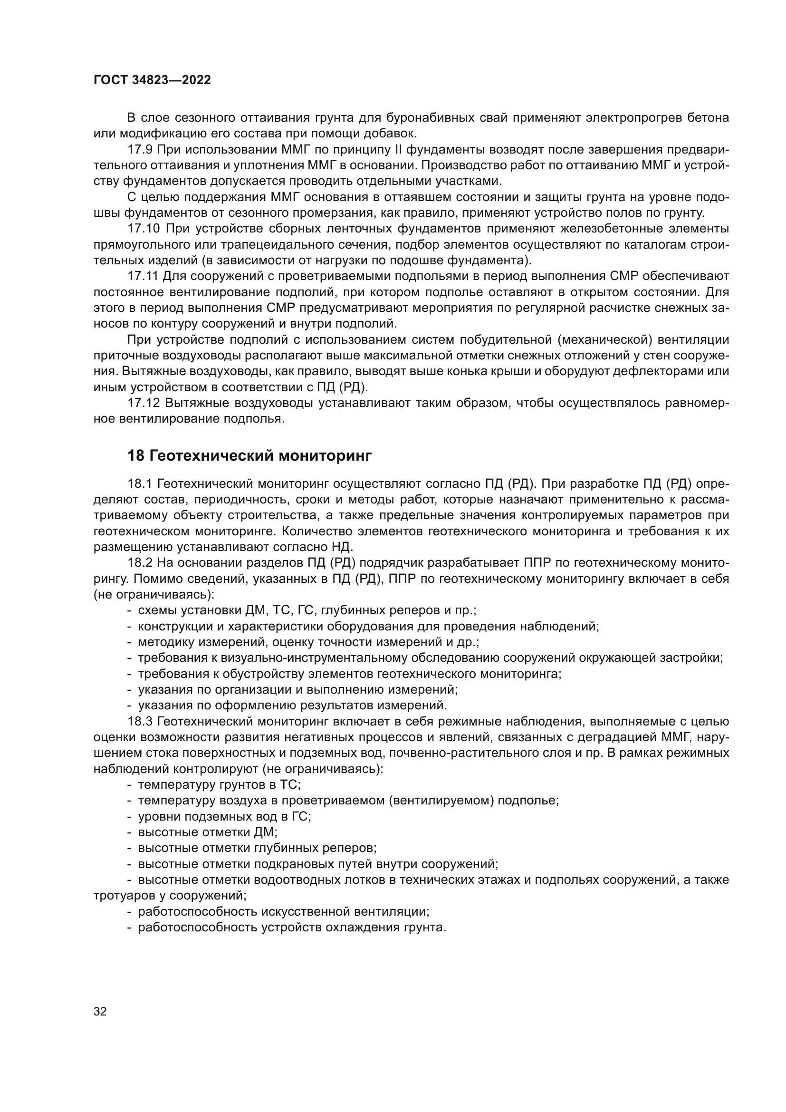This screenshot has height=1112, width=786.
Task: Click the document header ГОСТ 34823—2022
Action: click(x=152, y=80)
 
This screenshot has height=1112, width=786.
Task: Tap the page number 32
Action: click(x=100, y=1011)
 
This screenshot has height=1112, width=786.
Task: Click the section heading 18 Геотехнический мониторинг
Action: click(x=249, y=456)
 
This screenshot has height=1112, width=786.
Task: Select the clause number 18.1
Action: click(x=140, y=484)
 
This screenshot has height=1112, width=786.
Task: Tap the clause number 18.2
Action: click(x=140, y=563)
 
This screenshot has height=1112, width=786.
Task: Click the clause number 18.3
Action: click(x=140, y=722)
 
